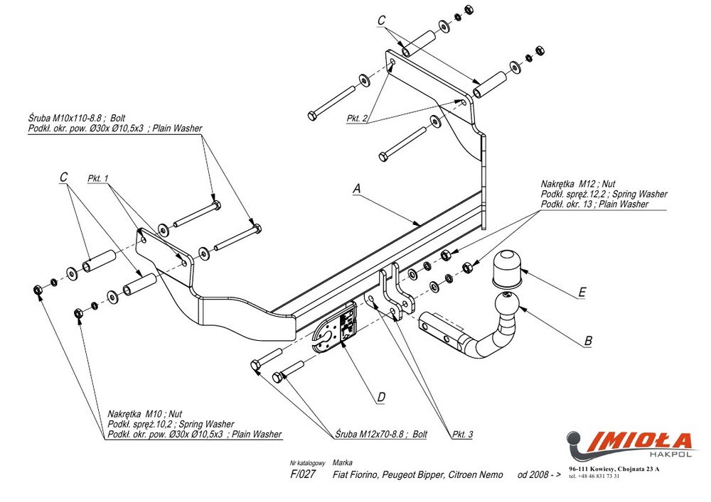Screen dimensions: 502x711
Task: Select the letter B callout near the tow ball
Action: pos(588,341)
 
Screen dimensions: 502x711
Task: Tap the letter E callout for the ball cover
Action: pos(582,292)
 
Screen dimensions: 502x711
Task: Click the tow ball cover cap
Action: pos(507,266)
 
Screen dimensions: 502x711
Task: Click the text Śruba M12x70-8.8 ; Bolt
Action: pos(380,434)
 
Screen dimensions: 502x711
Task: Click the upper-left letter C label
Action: pos(63,177)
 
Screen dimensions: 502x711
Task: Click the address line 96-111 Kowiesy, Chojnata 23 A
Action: pos(614,469)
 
